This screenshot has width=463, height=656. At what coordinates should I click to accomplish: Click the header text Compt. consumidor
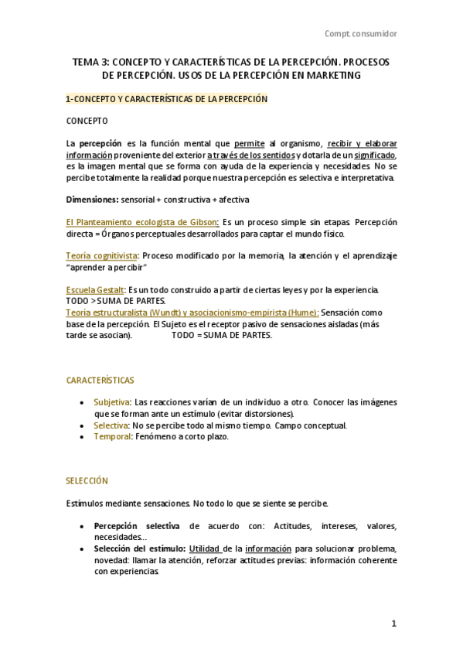click(361, 34)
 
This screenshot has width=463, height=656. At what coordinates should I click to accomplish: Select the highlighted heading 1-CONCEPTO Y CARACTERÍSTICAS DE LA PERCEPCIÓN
click(166, 99)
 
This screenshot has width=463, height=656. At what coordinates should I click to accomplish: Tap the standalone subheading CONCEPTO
click(87, 121)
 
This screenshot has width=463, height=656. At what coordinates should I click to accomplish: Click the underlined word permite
click(249, 144)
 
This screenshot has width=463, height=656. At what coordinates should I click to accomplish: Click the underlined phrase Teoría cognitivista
click(102, 255)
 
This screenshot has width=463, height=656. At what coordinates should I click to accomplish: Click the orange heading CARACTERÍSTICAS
click(100, 381)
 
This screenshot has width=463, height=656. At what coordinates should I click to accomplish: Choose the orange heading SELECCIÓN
click(87, 481)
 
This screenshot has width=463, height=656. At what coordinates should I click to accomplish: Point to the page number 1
click(393, 624)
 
